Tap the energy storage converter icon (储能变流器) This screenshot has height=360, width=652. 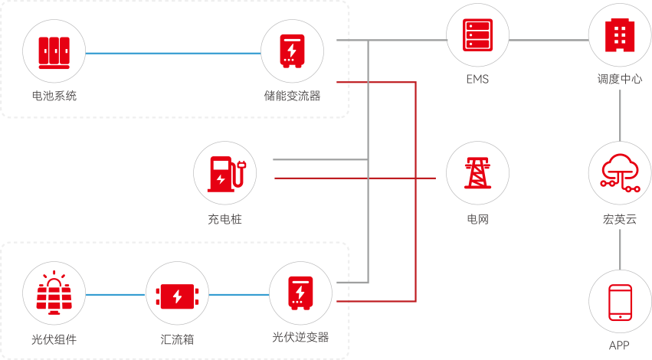292,52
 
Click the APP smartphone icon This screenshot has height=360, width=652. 619,302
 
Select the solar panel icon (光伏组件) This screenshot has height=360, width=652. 54,294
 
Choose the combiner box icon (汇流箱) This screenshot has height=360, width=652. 177,294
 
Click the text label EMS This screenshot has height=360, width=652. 477,79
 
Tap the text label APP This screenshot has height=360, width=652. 619,345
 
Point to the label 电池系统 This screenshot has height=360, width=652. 54,97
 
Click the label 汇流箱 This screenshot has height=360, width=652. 177,339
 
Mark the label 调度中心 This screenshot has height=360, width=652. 619,79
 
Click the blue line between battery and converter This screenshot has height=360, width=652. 173,53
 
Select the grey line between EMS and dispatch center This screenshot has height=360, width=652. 548,39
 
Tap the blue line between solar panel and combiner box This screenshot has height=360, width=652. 116,294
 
